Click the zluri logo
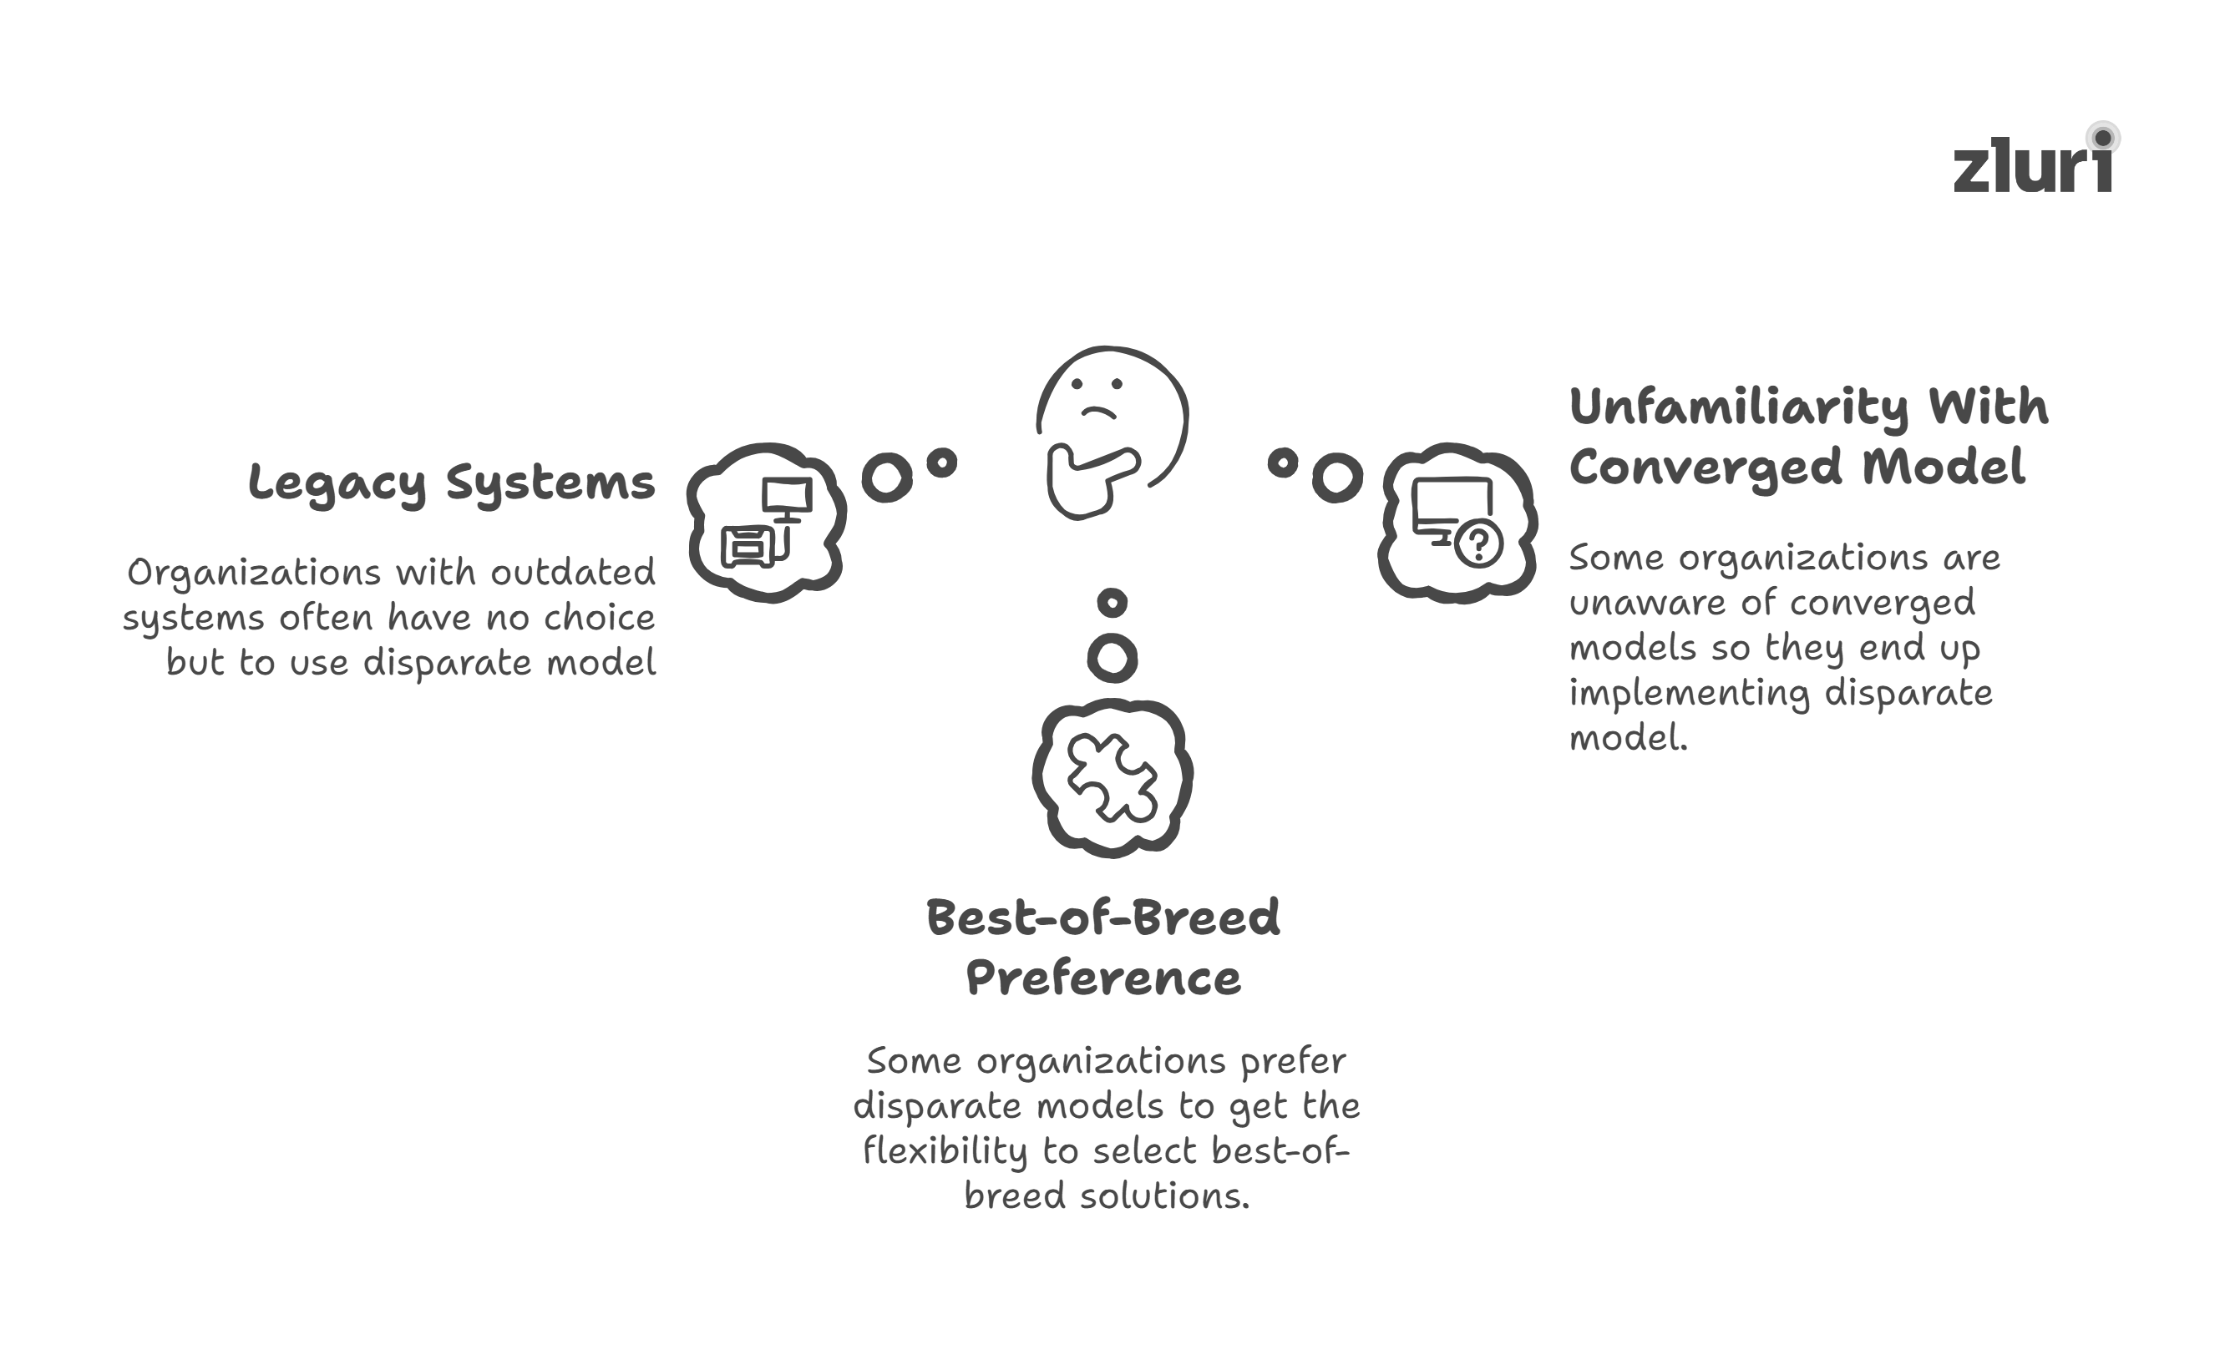click(x=2034, y=164)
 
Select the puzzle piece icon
click(x=1112, y=777)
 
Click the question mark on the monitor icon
click(x=1478, y=543)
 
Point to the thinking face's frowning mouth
click(x=1099, y=412)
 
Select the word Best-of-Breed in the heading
click(x=1102, y=918)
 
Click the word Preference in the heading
click(x=1102, y=978)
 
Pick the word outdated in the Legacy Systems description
click(x=572, y=573)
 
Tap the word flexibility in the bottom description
click(x=945, y=1152)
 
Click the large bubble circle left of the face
click(x=887, y=477)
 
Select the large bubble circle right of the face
click(x=1336, y=477)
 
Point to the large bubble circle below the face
click(x=1112, y=658)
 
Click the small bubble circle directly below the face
click(x=1112, y=602)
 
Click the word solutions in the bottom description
click(x=1165, y=1196)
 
